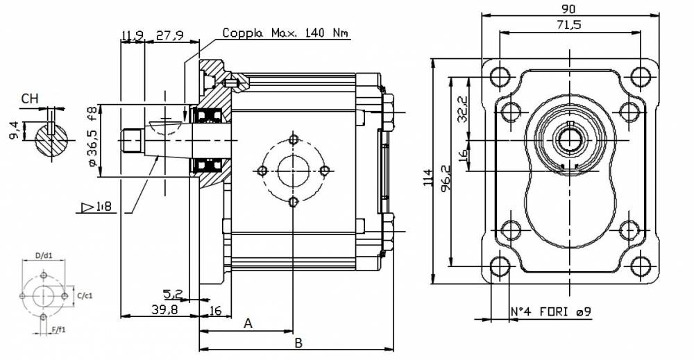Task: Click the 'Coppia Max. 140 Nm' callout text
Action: click(285, 33)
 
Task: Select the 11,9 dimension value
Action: click(133, 35)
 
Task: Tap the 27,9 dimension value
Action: click(169, 35)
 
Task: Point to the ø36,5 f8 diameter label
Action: click(92, 137)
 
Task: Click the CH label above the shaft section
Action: click(30, 98)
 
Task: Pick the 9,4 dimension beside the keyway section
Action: click(14, 131)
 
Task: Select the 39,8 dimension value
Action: click(164, 309)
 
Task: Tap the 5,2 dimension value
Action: click(173, 293)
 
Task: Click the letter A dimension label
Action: click(248, 324)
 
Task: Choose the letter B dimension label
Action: click(298, 343)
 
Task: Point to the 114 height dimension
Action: click(428, 178)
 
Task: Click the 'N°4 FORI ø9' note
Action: click(551, 312)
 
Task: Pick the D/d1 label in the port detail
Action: click(43, 255)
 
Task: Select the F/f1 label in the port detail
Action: click(58, 329)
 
